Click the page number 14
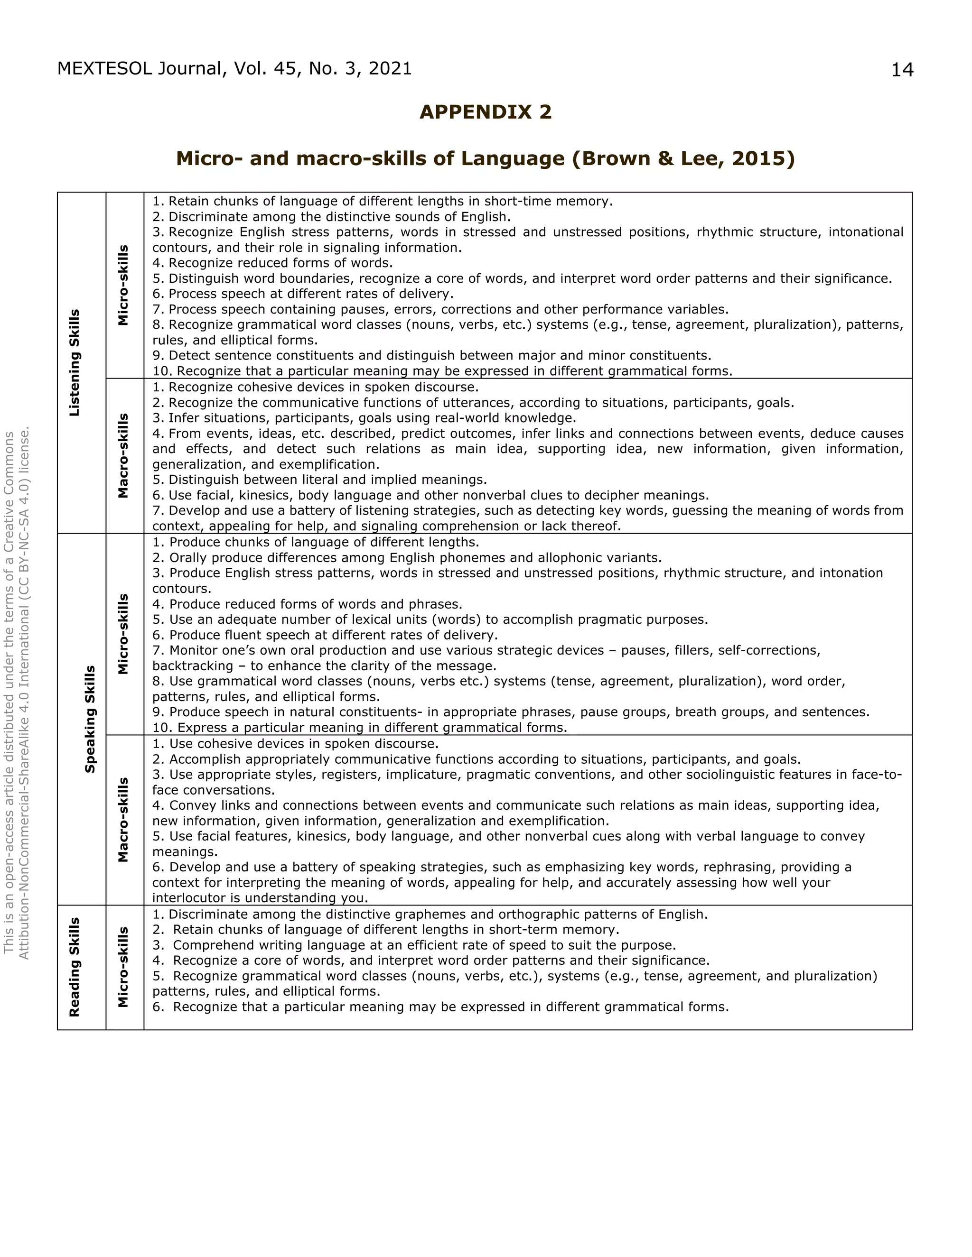tap(902, 70)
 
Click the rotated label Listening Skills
tap(75, 362)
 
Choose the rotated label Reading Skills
tap(75, 967)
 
